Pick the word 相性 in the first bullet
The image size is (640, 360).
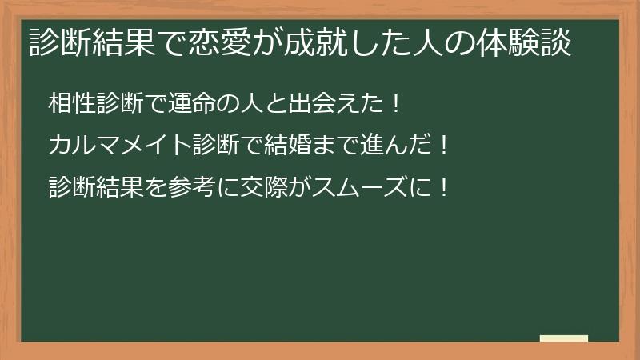(x=71, y=104)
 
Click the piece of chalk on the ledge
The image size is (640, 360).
(x=564, y=338)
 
